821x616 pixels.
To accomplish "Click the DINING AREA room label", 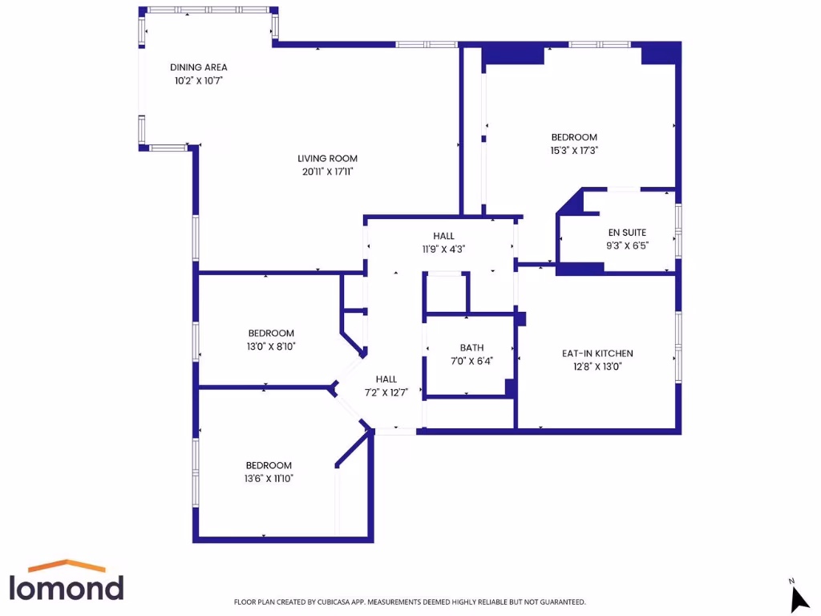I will (198, 67).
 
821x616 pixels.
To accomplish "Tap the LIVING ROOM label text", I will (327, 158).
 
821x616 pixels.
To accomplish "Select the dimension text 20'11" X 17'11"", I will (327, 172).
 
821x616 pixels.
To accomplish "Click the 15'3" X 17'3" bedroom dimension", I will (574, 150).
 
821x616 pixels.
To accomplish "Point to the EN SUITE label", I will (628, 233).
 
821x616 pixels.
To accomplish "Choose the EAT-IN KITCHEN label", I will (597, 353).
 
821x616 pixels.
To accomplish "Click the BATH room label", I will (471, 347).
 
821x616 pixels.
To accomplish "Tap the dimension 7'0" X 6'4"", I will (471, 361).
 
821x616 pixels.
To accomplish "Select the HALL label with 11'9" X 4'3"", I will (443, 236).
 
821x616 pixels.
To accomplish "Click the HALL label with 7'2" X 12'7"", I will (386, 379).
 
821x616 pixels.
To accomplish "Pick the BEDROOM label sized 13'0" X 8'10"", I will (270, 333).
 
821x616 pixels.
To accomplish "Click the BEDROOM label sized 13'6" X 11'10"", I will (269, 465).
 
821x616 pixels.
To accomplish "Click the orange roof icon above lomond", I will (67, 565).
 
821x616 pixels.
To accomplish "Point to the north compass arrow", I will (799, 598).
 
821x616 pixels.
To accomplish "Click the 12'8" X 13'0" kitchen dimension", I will (597, 367).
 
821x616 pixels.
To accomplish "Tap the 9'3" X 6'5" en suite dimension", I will (628, 246).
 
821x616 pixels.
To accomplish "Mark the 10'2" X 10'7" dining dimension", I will (198, 81).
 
